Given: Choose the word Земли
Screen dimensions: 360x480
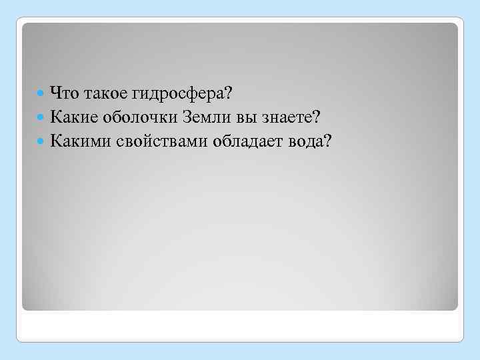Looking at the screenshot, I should pos(205,117).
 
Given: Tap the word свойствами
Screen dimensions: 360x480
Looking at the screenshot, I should pos(157,141).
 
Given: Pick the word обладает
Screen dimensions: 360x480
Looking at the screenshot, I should pos(244,141).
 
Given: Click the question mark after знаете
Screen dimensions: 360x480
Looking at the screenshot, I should pos(317,117).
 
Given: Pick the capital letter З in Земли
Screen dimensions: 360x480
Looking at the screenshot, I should pos(188,117).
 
